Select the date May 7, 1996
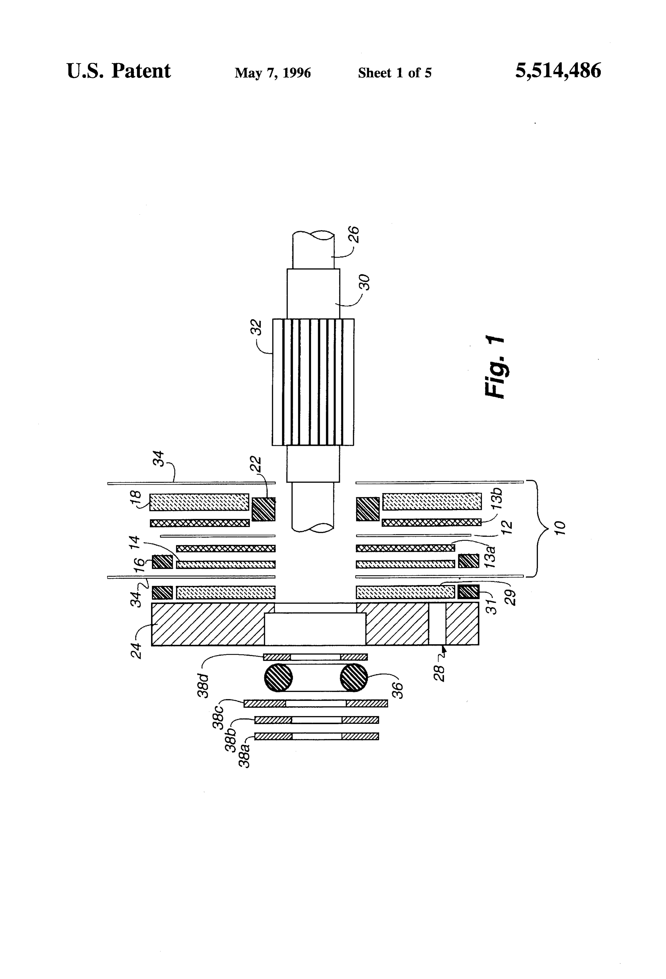pyautogui.click(x=273, y=73)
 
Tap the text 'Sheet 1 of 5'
pyautogui.click(x=395, y=73)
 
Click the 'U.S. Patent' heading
pyautogui.click(x=119, y=71)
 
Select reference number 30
pyautogui.click(x=365, y=282)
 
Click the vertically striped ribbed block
pyautogui.click(x=313, y=382)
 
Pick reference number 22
pyautogui.click(x=256, y=464)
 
